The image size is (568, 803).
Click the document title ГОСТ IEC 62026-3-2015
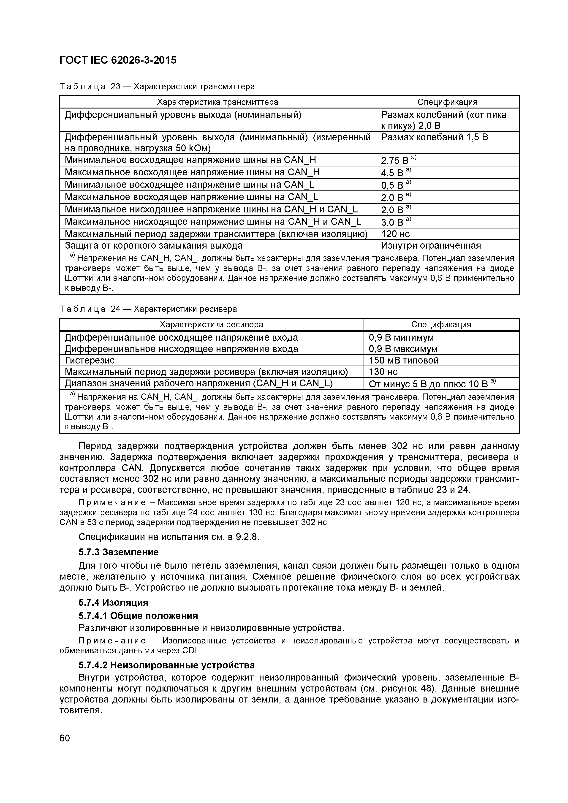pyautogui.click(x=118, y=60)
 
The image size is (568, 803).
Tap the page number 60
pyautogui.click(x=65, y=738)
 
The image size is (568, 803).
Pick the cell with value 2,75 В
pyautogui.click(x=398, y=160)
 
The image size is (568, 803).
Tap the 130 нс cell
pyautogui.click(x=383, y=372)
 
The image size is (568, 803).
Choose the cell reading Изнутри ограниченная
pyautogui.click(x=431, y=246)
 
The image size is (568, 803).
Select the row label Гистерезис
pyautogui.click(x=90, y=361)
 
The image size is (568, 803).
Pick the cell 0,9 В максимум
pyautogui.click(x=403, y=349)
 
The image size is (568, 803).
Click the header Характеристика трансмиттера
pyautogui.click(x=217, y=102)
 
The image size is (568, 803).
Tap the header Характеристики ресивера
pyautogui.click(x=211, y=325)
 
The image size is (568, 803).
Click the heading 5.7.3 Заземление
pyautogui.click(x=119, y=552)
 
